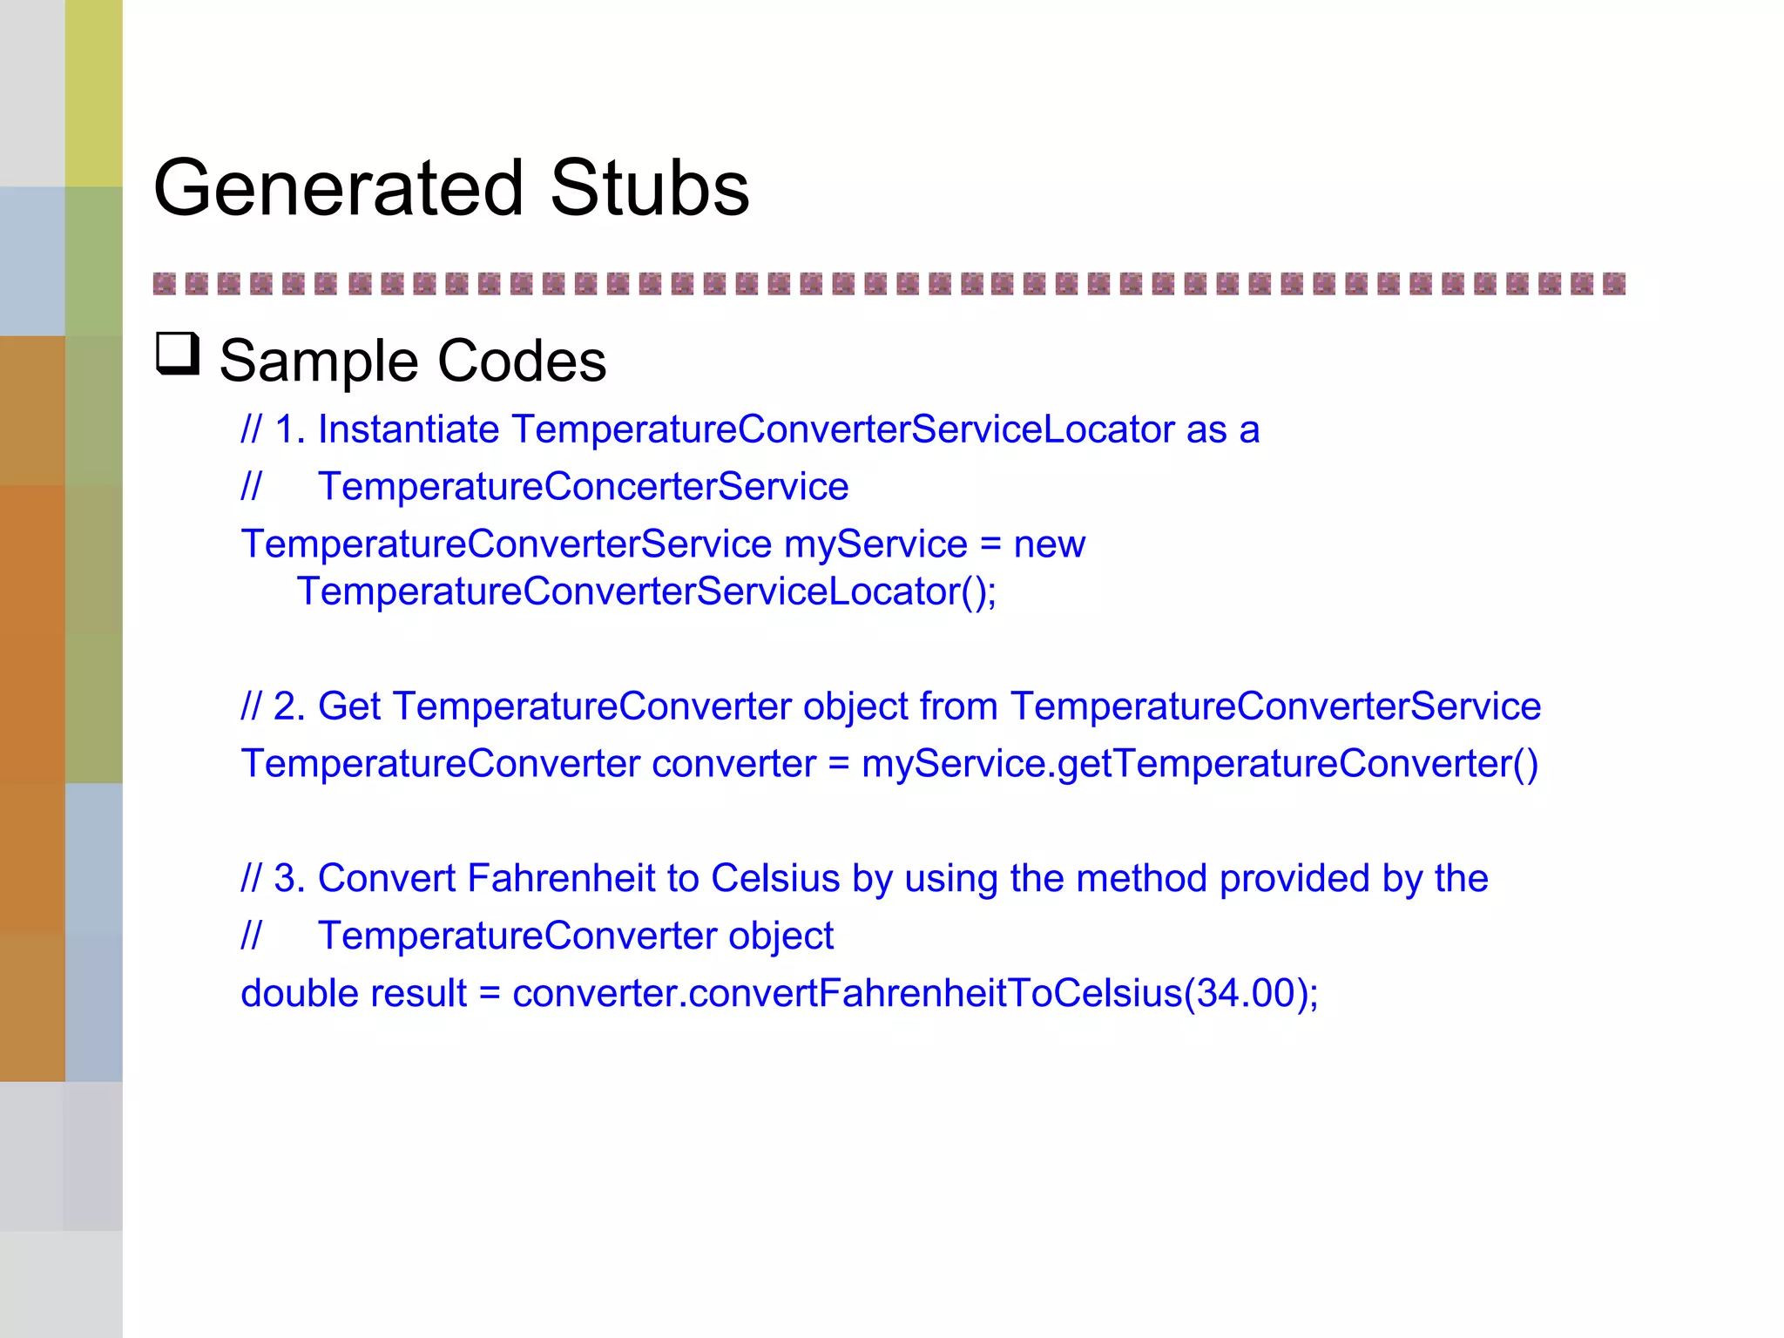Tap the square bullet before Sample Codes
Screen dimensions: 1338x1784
click(x=178, y=355)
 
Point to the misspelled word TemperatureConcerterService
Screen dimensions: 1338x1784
click(x=583, y=486)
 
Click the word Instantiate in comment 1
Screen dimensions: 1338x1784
click(x=408, y=429)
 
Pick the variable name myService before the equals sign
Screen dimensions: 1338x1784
click(x=875, y=544)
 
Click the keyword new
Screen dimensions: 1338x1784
click(x=1049, y=544)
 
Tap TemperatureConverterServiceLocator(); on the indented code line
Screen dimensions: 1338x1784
click(x=646, y=591)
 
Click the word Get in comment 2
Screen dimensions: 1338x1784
click(x=348, y=706)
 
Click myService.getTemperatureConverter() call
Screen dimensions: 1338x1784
click(x=1199, y=764)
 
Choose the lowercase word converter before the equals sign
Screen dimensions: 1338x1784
click(x=733, y=764)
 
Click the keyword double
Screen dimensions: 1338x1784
click(x=297, y=993)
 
